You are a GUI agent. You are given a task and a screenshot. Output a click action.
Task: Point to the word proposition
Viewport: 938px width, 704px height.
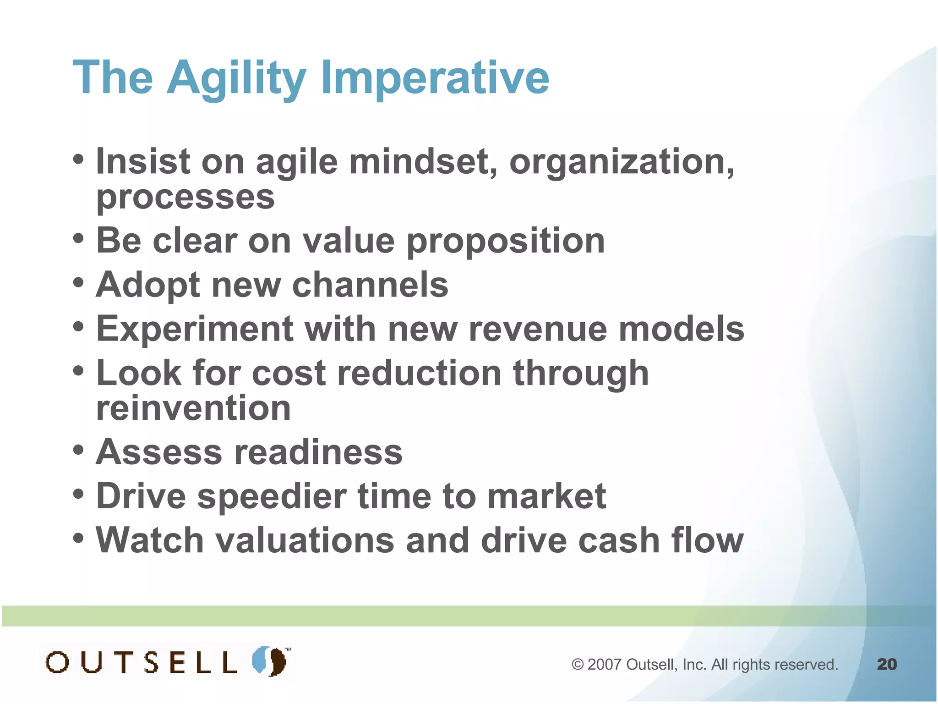tap(506, 241)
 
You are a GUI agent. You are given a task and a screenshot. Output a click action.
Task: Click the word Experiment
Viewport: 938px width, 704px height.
tap(195, 329)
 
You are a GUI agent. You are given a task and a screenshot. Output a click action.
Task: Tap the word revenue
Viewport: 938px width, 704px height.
tap(538, 329)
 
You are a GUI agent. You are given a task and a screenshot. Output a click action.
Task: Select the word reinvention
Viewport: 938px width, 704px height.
tap(193, 408)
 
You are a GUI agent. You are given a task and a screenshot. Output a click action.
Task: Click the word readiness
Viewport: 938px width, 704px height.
tap(318, 452)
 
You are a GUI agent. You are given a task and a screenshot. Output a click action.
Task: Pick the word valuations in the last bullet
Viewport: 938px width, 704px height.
tap(305, 540)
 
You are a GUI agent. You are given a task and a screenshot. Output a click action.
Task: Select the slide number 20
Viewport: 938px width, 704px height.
tap(887, 664)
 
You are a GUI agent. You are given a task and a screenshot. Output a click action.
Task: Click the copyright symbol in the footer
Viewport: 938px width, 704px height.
tap(578, 665)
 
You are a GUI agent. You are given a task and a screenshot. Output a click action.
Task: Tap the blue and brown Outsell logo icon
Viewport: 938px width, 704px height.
tap(270, 661)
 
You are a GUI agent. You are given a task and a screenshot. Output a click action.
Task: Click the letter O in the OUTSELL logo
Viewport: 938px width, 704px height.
tap(58, 662)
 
